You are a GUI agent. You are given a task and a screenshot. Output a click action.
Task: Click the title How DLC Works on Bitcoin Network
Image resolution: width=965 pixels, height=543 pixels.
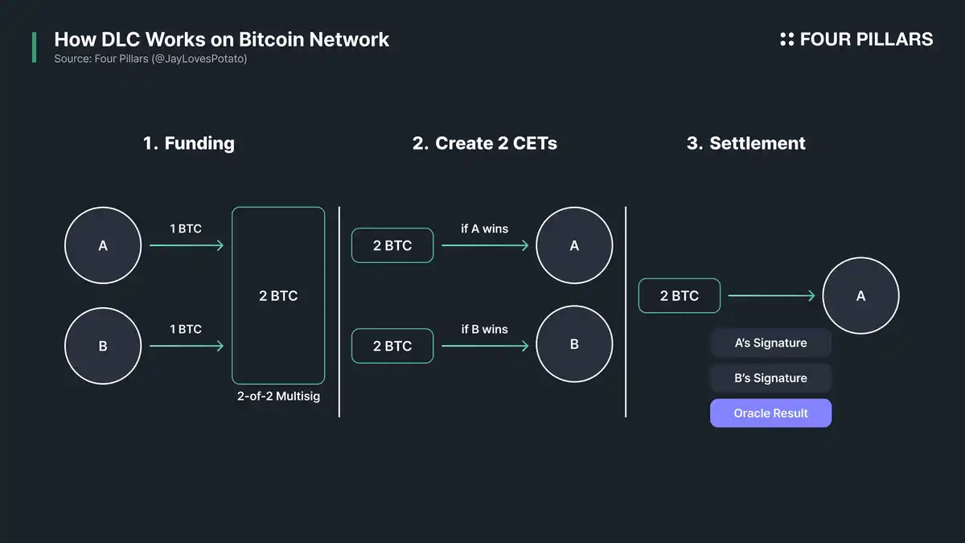[x=221, y=39]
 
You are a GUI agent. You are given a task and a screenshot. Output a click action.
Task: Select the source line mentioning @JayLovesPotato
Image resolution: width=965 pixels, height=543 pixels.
[x=150, y=60]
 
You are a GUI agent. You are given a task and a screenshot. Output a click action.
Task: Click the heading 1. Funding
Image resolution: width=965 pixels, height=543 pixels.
[x=189, y=143]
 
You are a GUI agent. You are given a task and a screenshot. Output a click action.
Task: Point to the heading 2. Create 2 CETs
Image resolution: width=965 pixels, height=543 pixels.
[x=485, y=143]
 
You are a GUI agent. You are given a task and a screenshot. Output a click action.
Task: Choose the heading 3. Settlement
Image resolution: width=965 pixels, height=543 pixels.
[x=746, y=143]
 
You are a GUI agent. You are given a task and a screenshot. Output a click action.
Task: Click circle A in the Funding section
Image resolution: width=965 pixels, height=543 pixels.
[x=103, y=245]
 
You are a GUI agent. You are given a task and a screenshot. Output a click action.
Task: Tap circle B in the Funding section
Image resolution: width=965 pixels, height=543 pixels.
[x=103, y=346]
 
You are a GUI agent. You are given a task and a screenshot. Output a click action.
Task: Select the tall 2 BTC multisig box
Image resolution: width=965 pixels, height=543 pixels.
[x=278, y=295]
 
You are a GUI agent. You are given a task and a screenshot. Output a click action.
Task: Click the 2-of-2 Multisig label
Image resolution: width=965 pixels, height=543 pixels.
[x=278, y=397]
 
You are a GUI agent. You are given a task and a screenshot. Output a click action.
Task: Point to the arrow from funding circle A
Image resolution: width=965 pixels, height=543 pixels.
[x=187, y=245]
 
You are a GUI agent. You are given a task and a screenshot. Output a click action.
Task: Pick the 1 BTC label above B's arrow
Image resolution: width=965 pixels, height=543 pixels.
[x=186, y=329]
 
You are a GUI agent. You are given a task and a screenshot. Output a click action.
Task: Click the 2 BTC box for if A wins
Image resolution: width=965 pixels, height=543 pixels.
[x=392, y=245]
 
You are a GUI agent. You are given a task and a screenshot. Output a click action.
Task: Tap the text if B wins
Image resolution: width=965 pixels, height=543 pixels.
[x=485, y=329]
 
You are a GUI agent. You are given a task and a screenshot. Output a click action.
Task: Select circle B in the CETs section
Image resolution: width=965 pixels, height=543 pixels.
[x=574, y=344]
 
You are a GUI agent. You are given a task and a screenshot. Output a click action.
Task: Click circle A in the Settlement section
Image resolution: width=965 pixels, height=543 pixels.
[x=860, y=296]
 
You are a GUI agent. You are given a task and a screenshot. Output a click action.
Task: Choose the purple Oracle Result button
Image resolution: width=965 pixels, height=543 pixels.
[x=770, y=413]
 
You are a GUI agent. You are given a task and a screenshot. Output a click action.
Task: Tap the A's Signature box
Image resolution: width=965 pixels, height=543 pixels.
[x=770, y=343]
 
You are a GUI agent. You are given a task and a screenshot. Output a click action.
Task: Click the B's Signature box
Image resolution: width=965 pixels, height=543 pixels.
[x=770, y=378]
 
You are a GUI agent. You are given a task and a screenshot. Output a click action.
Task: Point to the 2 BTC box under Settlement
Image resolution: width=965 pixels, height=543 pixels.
[x=680, y=296]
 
